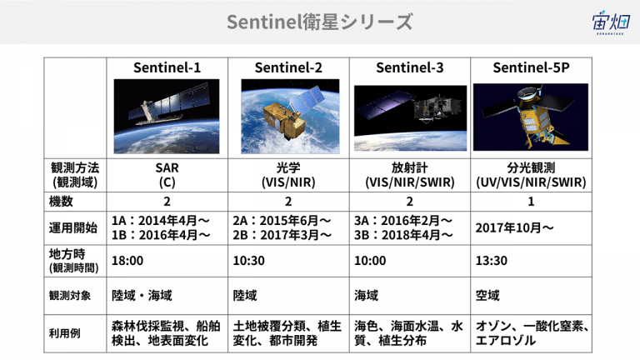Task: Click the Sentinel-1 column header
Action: (x=167, y=67)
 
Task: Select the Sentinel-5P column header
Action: (x=531, y=67)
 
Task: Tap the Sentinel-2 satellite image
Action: (x=290, y=117)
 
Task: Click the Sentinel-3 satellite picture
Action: (x=410, y=118)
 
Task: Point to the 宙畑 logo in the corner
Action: (x=611, y=22)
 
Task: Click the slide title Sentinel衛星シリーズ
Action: (x=320, y=22)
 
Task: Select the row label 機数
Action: (x=61, y=201)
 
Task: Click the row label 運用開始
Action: (x=73, y=227)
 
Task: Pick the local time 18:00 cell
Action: (x=127, y=260)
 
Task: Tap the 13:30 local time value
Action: (x=492, y=260)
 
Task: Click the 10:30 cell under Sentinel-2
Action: (x=248, y=260)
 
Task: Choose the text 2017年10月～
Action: (x=514, y=227)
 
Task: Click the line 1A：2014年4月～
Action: (x=161, y=220)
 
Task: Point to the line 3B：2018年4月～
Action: (x=403, y=235)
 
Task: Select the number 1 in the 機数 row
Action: (x=531, y=201)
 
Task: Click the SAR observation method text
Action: (x=167, y=167)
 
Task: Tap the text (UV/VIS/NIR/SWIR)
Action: (x=531, y=182)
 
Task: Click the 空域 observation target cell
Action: (x=487, y=295)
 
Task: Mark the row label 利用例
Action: (x=64, y=333)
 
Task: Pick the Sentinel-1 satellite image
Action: (x=167, y=117)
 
